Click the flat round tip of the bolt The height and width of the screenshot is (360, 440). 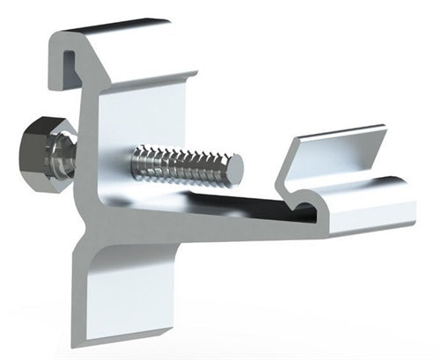(235, 165)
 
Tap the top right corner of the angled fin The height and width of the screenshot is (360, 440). (385, 129)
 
